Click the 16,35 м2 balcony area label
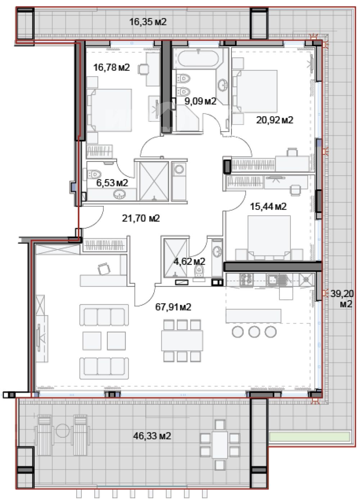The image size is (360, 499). tap(148, 22)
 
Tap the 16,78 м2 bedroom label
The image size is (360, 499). tap(111, 67)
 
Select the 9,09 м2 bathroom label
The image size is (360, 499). tap(200, 102)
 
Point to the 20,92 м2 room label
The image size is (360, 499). tap(274, 120)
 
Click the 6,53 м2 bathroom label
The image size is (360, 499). tap(112, 183)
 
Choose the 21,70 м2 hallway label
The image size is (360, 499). tap(141, 218)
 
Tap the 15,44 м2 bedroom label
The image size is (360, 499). tap(268, 207)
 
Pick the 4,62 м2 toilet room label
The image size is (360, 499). tap(189, 261)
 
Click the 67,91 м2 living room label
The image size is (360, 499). tap(173, 307)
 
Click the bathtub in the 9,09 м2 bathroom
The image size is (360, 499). tap(198, 59)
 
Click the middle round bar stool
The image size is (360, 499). tap(254, 332)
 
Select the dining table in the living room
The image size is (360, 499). tap(182, 341)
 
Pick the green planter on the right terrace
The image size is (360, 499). tap(310, 437)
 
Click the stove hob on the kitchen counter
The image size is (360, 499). tap(246, 280)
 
